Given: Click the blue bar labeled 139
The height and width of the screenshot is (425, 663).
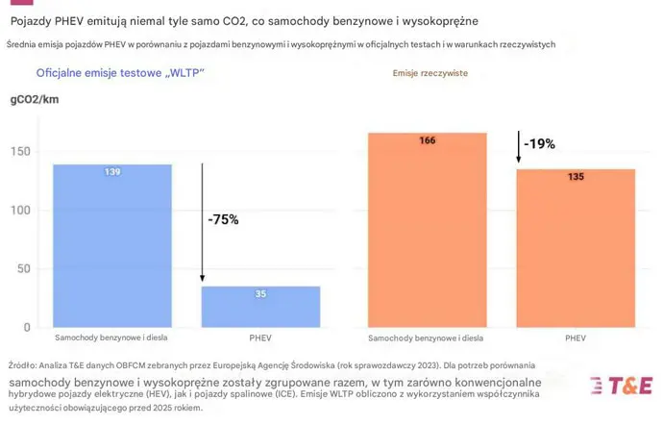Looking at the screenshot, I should pyautogui.click(x=112, y=245).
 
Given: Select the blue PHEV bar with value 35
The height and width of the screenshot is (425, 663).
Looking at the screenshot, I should pyautogui.click(x=260, y=307).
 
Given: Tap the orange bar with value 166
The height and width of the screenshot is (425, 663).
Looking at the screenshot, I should pyautogui.click(x=428, y=231).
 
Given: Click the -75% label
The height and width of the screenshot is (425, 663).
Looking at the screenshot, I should pyautogui.click(x=223, y=219).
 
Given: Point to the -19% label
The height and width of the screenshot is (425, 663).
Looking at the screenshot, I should pyautogui.click(x=539, y=144).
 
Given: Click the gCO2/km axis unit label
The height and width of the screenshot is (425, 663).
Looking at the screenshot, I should pyautogui.click(x=36, y=99).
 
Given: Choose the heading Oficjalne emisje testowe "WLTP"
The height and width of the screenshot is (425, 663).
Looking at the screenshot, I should pyautogui.click(x=120, y=73).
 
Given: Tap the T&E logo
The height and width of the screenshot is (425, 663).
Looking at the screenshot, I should pyautogui.click(x=621, y=386).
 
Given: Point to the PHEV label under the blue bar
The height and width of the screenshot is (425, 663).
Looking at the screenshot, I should pyautogui.click(x=260, y=338).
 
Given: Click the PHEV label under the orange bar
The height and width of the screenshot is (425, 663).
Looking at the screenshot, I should pyautogui.click(x=576, y=338).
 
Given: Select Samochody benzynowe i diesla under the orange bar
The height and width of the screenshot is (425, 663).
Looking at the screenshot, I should pyautogui.click(x=428, y=338).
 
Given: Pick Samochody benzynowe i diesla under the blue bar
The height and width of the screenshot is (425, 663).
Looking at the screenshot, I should pyautogui.click(x=112, y=338).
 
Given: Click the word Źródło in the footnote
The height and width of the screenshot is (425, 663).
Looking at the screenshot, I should pyautogui.click(x=22, y=365).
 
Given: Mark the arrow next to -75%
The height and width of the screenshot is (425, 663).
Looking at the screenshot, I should pyautogui.click(x=202, y=221).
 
